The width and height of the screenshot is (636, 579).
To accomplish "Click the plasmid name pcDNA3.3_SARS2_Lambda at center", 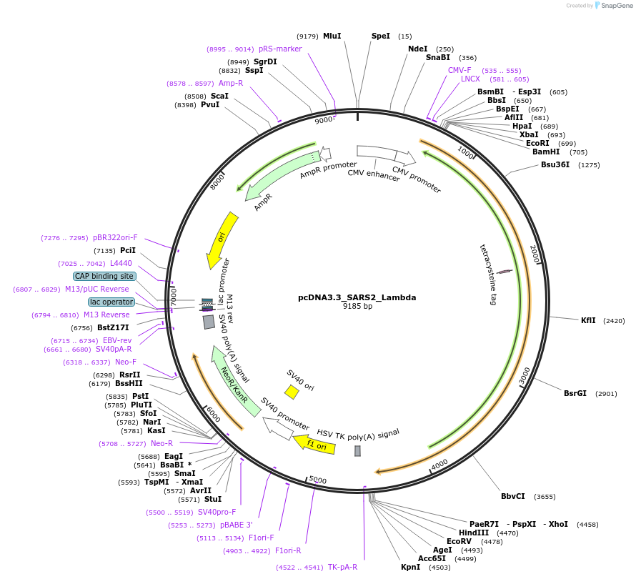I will tap(357, 297).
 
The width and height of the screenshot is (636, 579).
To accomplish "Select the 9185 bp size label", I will tap(357, 307).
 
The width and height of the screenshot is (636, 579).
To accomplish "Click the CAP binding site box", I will tap(104, 276).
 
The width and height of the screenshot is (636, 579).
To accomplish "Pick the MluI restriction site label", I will tap(332, 36).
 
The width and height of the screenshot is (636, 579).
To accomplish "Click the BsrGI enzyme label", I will tap(575, 393).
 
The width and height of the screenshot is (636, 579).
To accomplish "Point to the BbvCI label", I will tap(512, 496).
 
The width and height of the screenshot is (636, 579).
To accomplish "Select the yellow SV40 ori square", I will tap(292, 392).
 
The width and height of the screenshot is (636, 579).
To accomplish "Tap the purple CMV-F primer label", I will tap(459, 70).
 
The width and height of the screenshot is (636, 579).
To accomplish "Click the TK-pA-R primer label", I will tap(342, 567).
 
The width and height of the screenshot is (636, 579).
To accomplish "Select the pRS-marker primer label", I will tap(280, 49).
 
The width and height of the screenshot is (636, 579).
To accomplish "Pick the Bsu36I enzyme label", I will tap(555, 164).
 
